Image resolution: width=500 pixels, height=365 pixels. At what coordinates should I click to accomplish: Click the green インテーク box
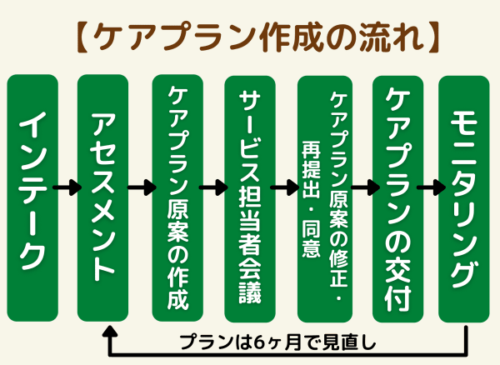[32, 197]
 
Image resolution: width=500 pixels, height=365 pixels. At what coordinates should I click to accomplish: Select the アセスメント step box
[103, 197]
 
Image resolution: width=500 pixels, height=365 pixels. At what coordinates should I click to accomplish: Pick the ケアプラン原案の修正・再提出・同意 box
[324, 197]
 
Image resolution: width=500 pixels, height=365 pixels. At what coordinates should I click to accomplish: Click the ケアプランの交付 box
[395, 197]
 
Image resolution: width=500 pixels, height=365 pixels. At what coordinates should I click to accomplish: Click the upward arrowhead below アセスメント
[108, 332]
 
